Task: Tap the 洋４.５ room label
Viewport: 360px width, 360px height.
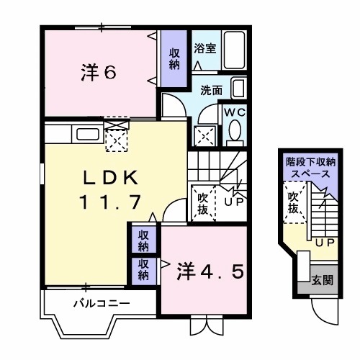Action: (213, 271)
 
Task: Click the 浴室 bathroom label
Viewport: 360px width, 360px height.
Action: (204, 49)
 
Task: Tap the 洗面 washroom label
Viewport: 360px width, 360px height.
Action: (211, 91)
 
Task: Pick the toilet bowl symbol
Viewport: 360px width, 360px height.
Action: (235, 131)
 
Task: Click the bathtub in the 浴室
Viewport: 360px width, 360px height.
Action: (233, 50)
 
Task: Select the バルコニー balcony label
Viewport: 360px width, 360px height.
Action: (102, 303)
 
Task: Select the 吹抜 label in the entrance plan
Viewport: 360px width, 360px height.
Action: (293, 202)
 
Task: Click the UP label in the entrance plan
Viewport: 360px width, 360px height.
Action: (324, 243)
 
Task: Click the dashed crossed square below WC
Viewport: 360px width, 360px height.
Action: (204, 135)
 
